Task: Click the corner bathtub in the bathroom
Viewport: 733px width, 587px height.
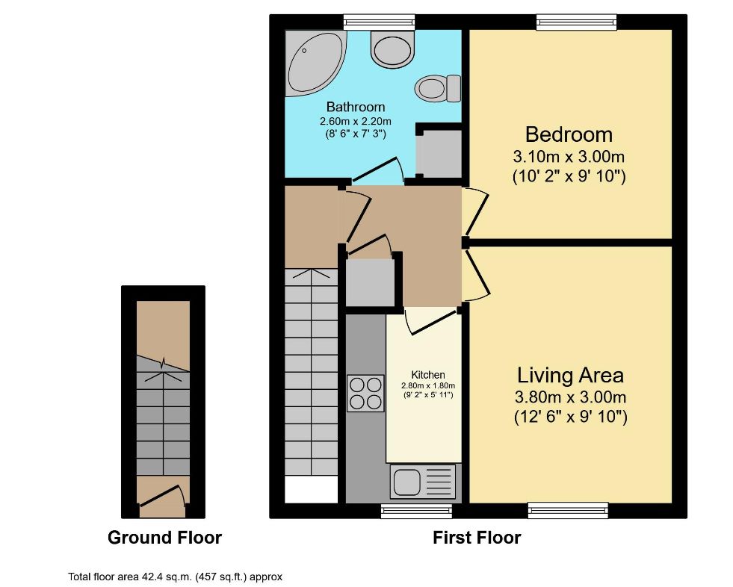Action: point(313,63)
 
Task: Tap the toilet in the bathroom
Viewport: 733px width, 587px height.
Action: point(438,88)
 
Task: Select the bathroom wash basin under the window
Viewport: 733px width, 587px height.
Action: point(393,48)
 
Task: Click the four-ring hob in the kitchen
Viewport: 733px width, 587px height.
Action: point(365,393)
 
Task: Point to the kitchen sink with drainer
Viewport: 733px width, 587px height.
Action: point(423,481)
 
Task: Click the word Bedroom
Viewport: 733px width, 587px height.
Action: point(569,134)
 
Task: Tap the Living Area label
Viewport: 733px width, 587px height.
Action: point(570,376)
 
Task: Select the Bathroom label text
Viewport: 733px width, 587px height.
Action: point(356,107)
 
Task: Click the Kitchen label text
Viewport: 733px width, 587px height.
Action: point(428,375)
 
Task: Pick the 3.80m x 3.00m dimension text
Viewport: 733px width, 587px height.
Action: point(570,397)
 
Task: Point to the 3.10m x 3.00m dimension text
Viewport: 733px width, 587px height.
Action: point(569,156)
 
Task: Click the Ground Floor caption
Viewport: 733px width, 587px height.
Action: point(164,538)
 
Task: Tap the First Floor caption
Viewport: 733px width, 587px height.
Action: point(477,538)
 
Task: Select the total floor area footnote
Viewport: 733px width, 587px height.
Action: point(176,577)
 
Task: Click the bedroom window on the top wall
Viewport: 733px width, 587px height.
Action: point(576,22)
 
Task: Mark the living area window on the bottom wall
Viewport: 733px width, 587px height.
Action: point(568,510)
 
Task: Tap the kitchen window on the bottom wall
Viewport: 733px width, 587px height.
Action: point(416,511)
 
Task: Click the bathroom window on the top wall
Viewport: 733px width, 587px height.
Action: point(379,22)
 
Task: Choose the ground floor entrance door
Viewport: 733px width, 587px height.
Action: point(162,497)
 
